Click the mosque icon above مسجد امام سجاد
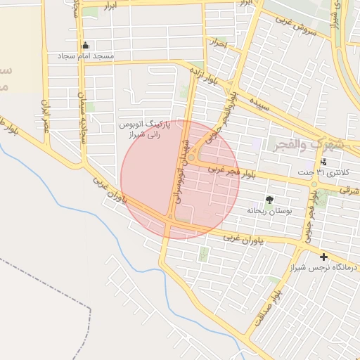pos(85,45)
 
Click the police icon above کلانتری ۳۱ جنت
pos(323,162)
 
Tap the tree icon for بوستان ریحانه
pos(269,200)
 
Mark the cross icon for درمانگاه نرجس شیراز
pos(323,257)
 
